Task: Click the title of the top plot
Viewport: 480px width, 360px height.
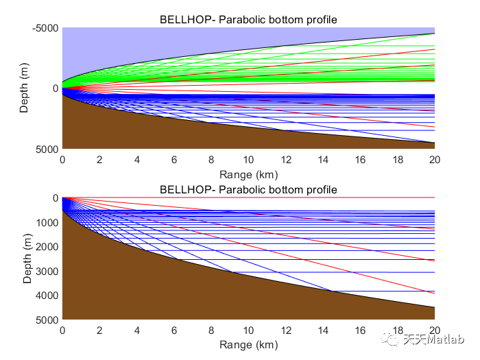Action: pos(248,19)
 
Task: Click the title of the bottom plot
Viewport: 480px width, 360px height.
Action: pos(248,189)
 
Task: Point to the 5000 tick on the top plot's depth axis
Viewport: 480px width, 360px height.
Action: pos(49,149)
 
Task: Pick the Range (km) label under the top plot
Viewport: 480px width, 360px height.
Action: pos(248,174)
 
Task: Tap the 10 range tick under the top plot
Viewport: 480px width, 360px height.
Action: pos(248,160)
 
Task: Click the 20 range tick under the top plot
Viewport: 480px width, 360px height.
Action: pos(434,160)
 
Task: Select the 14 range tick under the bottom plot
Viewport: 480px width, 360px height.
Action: pos(322,331)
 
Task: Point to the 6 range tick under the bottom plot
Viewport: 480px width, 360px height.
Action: pos(174,331)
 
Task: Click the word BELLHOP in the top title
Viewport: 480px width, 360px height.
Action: pos(182,19)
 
